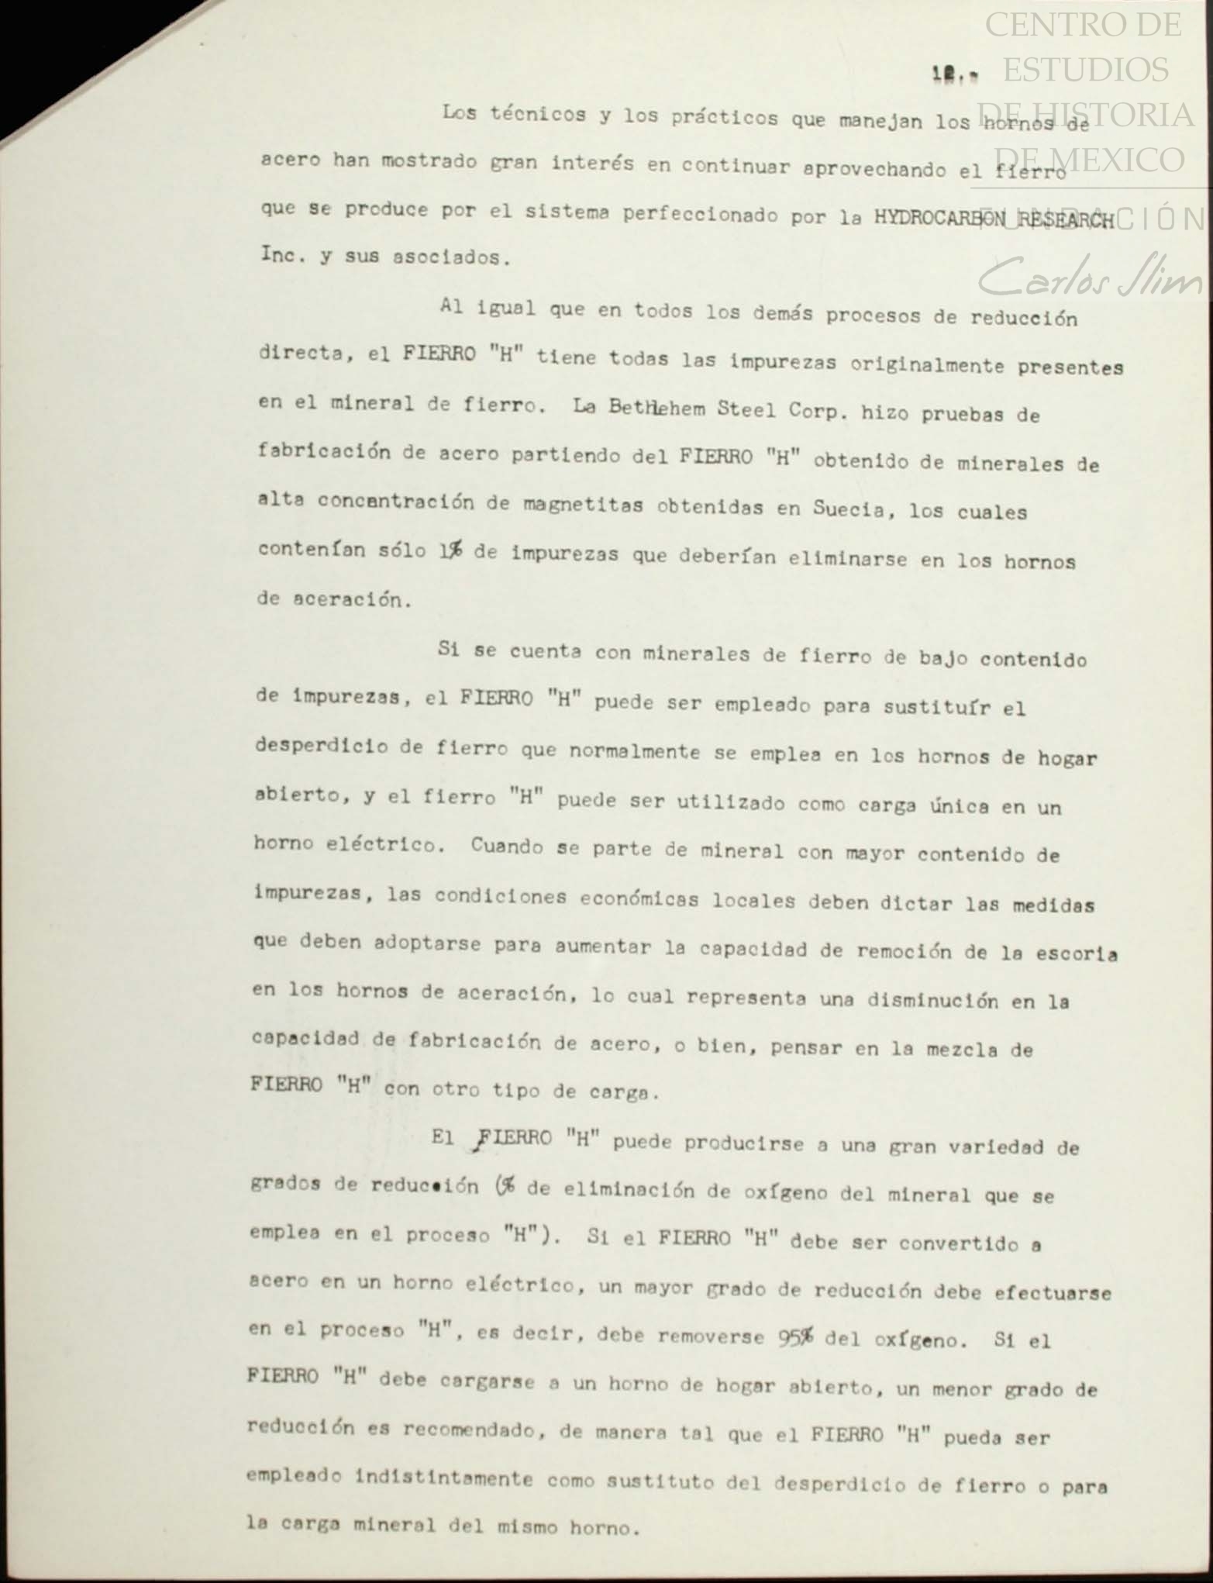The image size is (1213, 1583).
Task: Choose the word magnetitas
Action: point(582,505)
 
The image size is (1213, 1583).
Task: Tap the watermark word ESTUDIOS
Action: point(1085,70)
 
